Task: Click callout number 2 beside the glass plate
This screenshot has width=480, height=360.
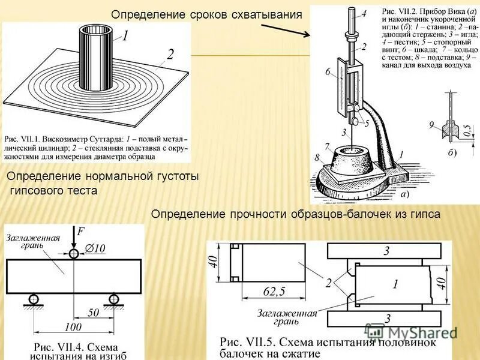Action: pyautogui.click(x=170, y=55)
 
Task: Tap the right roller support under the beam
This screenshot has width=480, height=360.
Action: pyautogui.click(x=113, y=298)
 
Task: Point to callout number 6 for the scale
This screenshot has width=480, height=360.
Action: pyautogui.click(x=328, y=71)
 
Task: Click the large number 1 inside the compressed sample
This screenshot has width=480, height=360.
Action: pyautogui.click(x=395, y=286)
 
